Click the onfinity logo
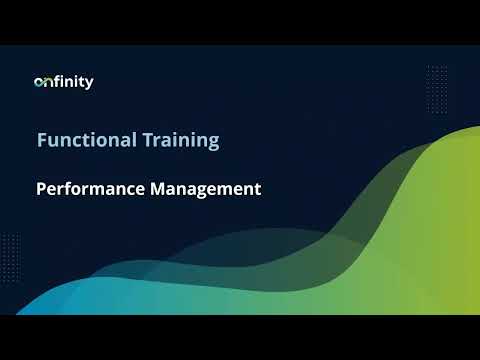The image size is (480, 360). coord(63,82)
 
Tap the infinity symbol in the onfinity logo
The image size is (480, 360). coord(44,82)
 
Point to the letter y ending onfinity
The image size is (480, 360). coord(89,84)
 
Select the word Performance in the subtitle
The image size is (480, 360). coord(85,188)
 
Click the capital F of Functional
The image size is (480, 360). coord(42,140)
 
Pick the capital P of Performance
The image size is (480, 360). coord(42,188)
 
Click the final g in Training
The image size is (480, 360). coord(213,143)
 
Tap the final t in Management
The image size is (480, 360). coord(257,188)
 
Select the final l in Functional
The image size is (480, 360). coord(131,140)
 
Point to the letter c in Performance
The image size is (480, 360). coord(123,189)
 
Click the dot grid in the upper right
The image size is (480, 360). coord(437,84)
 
